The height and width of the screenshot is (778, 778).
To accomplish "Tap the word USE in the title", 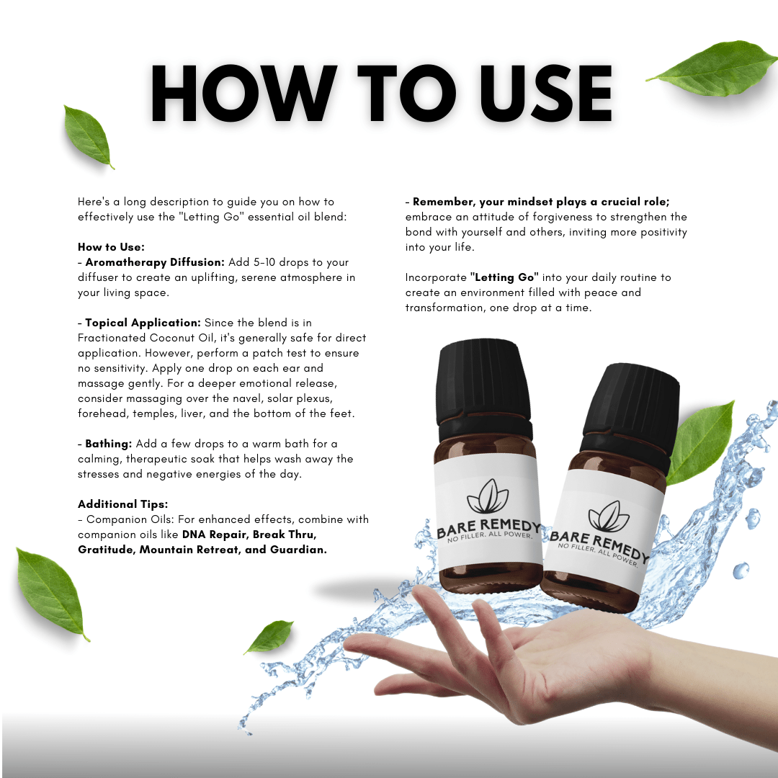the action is pyautogui.click(x=545, y=93).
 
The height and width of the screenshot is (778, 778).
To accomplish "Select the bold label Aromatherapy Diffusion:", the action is pyautogui.click(x=155, y=262).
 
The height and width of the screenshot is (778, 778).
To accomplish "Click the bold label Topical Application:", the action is pyautogui.click(x=143, y=323).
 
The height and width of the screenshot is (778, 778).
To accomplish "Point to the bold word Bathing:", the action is pyautogui.click(x=109, y=444).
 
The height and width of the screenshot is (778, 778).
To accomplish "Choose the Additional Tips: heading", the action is pyautogui.click(x=123, y=504).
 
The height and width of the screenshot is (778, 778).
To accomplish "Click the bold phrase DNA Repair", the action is pyautogui.click(x=215, y=535).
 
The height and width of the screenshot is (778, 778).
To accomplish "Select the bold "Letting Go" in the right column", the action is pyautogui.click(x=504, y=277).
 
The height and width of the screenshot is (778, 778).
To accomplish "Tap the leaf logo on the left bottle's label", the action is pyautogui.click(x=487, y=496).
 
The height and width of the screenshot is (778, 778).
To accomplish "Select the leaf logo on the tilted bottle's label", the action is pyautogui.click(x=609, y=517).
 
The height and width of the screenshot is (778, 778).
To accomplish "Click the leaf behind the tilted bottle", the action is pyautogui.click(x=701, y=442).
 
